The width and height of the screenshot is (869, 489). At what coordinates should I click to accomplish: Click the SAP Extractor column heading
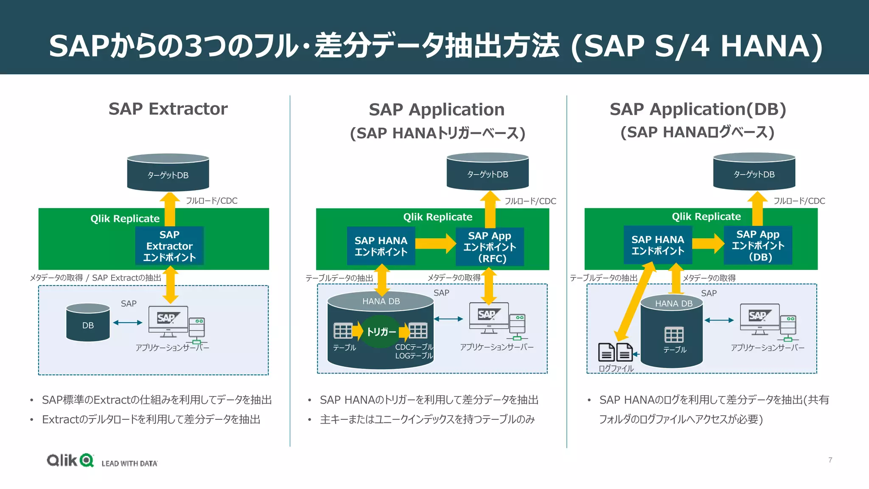coord(168,109)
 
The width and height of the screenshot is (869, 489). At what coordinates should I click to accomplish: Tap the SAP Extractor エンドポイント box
coord(169,246)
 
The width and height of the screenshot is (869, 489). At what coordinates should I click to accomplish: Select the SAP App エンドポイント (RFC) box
coord(490,247)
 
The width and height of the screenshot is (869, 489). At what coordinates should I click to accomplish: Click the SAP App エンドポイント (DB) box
coord(758,245)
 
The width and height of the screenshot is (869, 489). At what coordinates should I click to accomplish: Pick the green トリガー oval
coord(381,332)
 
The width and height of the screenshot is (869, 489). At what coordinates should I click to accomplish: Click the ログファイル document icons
coord(615,352)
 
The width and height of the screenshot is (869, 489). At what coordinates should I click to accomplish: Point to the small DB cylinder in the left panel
coord(88,323)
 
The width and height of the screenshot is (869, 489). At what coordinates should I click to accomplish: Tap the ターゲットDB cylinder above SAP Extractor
coord(168,173)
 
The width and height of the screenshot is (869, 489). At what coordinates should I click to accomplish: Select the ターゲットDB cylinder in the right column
coord(754,172)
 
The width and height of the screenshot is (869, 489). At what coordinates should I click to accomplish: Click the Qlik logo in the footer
coord(70,460)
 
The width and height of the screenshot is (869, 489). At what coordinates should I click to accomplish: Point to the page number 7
coord(830,460)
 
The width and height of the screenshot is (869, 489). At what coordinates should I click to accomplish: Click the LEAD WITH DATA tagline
coord(129,464)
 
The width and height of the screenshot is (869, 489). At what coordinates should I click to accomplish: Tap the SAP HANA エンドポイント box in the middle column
coord(381,246)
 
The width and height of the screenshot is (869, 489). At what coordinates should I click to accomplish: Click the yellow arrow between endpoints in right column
coord(708,244)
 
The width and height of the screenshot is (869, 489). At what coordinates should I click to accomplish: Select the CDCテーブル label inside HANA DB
coord(414,347)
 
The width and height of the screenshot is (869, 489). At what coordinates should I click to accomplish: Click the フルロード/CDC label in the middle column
coord(530,201)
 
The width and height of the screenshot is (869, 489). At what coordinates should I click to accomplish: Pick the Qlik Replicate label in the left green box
coord(125,219)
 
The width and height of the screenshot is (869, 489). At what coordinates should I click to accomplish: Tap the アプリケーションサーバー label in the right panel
coord(767,348)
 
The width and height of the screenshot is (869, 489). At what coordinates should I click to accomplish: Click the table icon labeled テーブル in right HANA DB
coord(674,335)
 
